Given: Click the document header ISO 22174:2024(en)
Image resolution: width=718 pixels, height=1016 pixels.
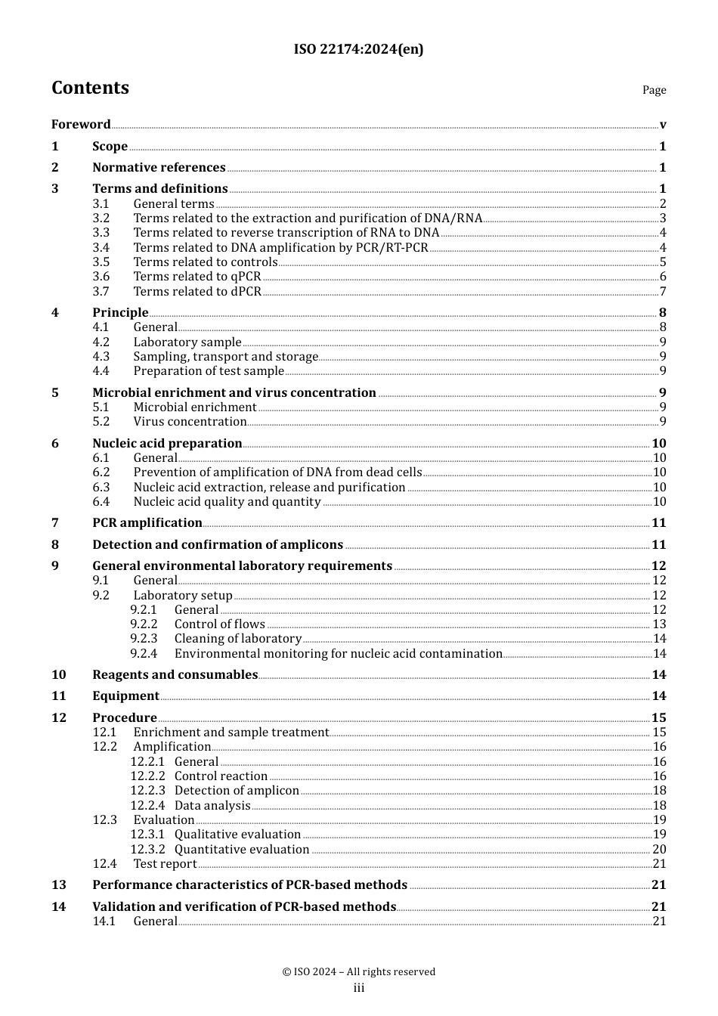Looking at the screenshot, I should pyautogui.click(x=358, y=50).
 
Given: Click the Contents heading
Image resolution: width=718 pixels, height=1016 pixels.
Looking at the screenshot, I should pyautogui.click(x=90, y=88).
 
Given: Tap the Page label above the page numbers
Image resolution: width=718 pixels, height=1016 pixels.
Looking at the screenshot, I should pyautogui.click(x=654, y=90).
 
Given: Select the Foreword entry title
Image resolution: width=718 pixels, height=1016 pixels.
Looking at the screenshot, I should pyautogui.click(x=81, y=125).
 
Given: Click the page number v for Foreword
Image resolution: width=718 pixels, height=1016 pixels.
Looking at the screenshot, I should pyautogui.click(x=663, y=125).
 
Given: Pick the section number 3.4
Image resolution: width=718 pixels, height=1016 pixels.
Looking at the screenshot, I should pyautogui.click(x=101, y=248).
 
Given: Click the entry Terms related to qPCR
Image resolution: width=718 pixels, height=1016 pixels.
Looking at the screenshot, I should pyautogui.click(x=197, y=277).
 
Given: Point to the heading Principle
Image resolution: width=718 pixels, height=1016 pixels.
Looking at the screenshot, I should pyautogui.click(x=120, y=313).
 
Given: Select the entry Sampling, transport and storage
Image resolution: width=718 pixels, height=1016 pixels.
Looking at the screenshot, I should pyautogui.click(x=225, y=357).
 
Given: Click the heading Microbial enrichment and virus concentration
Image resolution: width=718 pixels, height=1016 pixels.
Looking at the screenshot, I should pyautogui.click(x=234, y=393).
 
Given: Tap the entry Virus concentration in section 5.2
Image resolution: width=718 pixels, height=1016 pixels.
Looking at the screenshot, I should pyautogui.click(x=190, y=422).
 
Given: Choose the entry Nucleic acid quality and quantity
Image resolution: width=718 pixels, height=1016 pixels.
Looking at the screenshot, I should pyautogui.click(x=227, y=502).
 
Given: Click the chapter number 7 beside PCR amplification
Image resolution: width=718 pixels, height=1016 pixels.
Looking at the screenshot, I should pyautogui.click(x=55, y=523).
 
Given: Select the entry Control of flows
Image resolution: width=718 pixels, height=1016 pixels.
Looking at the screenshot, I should pyautogui.click(x=219, y=624).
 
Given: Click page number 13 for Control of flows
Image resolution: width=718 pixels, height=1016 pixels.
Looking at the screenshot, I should pyautogui.click(x=659, y=624).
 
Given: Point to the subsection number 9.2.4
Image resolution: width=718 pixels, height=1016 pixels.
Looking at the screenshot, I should pyautogui.click(x=144, y=654).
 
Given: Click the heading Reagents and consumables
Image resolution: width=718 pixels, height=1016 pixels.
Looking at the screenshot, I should pyautogui.click(x=175, y=675).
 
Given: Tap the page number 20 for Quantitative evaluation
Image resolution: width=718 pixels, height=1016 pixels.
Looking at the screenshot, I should pyautogui.click(x=659, y=850).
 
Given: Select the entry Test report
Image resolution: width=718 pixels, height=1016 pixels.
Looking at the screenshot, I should pyautogui.click(x=165, y=864).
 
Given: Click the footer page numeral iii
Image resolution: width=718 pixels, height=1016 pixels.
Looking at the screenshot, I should pyautogui.click(x=359, y=988).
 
